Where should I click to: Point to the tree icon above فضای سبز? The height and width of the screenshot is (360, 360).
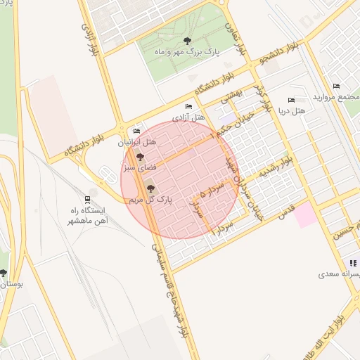(x=139, y=157)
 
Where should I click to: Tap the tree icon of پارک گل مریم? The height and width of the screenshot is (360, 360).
(x=149, y=188)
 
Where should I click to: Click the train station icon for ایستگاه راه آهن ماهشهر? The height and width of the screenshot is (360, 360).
(x=87, y=199)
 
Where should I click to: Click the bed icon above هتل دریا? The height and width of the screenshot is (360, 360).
(x=291, y=101)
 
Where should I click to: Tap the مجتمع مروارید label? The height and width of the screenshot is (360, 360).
(x=337, y=96)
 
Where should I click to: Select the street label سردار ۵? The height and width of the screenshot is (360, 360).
(x=200, y=202)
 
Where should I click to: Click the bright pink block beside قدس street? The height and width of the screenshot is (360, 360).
(x=306, y=214)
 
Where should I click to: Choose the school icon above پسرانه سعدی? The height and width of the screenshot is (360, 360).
(x=352, y=262)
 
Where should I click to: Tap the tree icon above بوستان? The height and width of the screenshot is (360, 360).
(x=4, y=273)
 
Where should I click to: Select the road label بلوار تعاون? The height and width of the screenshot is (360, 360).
(x=237, y=39)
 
